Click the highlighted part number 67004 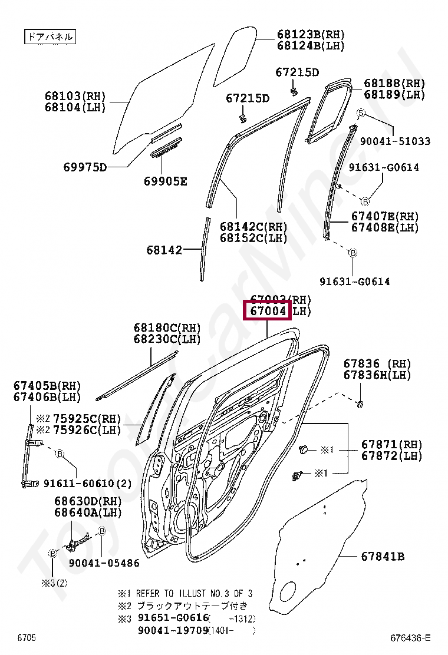268,310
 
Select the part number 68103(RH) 75,96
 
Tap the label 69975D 85,167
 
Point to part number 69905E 165,181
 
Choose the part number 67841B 383,556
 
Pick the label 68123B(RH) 311,34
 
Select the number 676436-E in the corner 410,638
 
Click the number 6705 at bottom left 27,638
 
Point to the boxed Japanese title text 50,37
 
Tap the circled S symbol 361,113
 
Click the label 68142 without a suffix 164,250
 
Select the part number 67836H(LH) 377,375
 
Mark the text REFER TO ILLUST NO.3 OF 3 194,593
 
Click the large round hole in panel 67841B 288,591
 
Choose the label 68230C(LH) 167,339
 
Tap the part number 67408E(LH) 385,227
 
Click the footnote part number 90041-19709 173,631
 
